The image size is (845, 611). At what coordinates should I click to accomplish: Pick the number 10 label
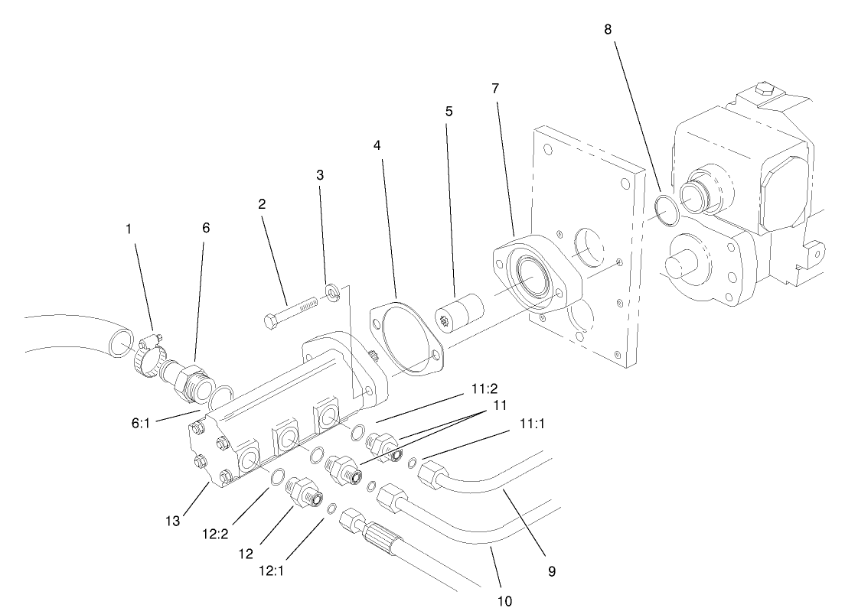tap(504, 600)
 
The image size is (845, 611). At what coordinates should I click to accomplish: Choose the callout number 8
tap(608, 30)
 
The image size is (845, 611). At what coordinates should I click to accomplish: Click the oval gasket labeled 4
tap(407, 341)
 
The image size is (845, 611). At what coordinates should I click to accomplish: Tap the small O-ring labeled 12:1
tap(332, 509)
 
